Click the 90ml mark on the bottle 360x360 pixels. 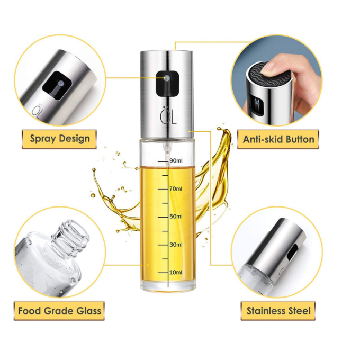coord(176,160)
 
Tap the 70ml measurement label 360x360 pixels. coord(176,188)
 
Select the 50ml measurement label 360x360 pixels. coord(176,217)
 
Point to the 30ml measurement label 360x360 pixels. coord(176,245)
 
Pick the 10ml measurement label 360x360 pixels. coord(176,272)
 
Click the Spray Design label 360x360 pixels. coord(60,139)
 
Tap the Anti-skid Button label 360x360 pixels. coord(278,139)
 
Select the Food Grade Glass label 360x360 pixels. coord(59,311)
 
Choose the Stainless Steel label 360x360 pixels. coord(278,311)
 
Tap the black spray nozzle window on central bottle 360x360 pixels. coord(167,84)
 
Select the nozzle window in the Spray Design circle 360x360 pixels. coord(57,85)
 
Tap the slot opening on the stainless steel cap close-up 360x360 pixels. coord(292,253)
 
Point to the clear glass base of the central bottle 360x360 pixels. coord(168,286)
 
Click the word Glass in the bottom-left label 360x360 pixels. coord(88,311)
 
